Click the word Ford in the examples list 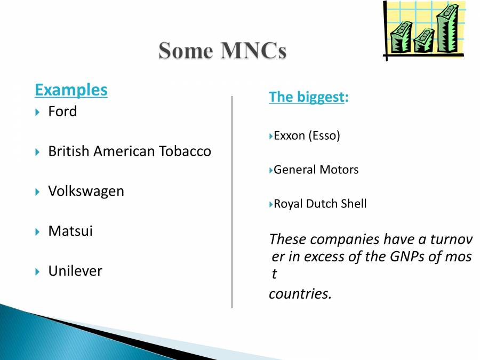[62, 111]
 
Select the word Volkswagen [86, 192]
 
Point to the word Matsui [70, 231]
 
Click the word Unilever [75, 271]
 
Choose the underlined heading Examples [71, 90]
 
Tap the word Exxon [289, 135]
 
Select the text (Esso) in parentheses [324, 136]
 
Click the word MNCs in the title [253, 50]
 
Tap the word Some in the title [186, 50]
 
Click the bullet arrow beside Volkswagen [37, 192]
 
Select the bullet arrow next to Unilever [37, 271]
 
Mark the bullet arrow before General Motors [270, 170]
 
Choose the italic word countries [300, 294]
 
